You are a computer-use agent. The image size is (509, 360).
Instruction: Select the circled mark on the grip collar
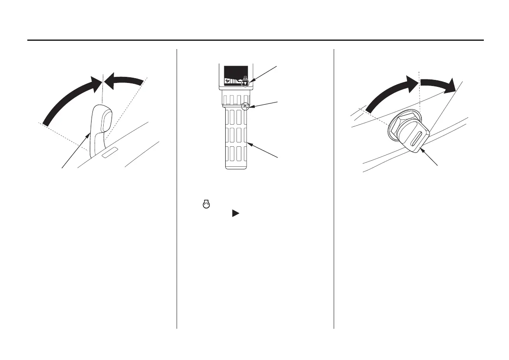click(245, 106)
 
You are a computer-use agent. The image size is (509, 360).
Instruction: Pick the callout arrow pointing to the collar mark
click(263, 103)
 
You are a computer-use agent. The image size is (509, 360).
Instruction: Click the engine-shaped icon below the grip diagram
click(206, 204)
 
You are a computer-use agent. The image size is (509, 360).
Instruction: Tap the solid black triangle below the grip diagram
click(235, 213)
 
